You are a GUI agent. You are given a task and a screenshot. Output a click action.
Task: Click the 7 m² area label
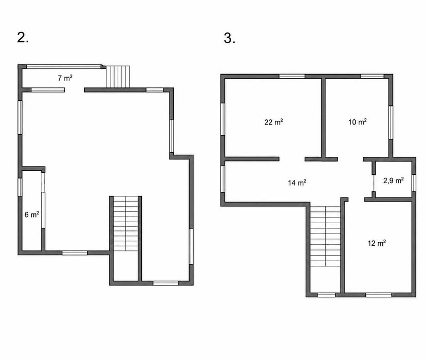(65, 78)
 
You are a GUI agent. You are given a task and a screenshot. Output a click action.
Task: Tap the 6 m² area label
(32, 214)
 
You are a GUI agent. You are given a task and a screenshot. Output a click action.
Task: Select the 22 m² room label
(273, 122)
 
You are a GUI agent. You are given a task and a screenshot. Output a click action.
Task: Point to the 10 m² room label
(358, 122)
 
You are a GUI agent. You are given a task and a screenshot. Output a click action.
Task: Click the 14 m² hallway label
(297, 183)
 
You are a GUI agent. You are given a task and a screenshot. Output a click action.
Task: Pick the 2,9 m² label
(394, 181)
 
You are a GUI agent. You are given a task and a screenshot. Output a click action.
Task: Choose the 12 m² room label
(377, 243)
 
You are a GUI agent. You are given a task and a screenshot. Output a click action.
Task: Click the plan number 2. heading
(23, 38)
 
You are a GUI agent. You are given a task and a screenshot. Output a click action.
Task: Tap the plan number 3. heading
(230, 38)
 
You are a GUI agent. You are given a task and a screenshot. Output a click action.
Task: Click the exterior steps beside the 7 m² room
(118, 77)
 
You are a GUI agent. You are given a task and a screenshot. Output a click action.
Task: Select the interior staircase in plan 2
(125, 224)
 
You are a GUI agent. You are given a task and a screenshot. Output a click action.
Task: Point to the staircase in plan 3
(325, 236)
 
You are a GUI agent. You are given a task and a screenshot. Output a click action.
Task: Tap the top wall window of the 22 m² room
(292, 76)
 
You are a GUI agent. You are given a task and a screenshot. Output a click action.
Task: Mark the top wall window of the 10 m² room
(372, 76)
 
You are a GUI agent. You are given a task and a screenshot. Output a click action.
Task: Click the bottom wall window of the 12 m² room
(379, 295)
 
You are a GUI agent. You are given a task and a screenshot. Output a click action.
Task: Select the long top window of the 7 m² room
(64, 66)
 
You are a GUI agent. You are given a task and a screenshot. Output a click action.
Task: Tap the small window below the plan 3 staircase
(326, 295)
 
